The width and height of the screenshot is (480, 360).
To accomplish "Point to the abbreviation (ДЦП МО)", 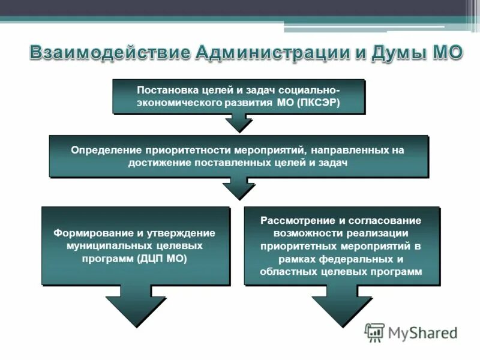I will tap(162, 259).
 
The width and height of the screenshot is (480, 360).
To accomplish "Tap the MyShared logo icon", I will tap(374, 332).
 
